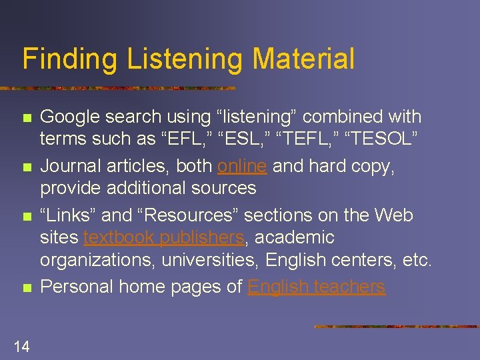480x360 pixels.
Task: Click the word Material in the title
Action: [303, 59]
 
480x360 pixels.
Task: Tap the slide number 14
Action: [21, 345]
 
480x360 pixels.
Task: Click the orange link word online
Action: [242, 166]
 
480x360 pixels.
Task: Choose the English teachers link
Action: [316, 287]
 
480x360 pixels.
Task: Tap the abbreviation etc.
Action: [418, 259]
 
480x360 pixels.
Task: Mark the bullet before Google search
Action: [26, 118]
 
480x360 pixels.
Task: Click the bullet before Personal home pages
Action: [26, 288]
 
